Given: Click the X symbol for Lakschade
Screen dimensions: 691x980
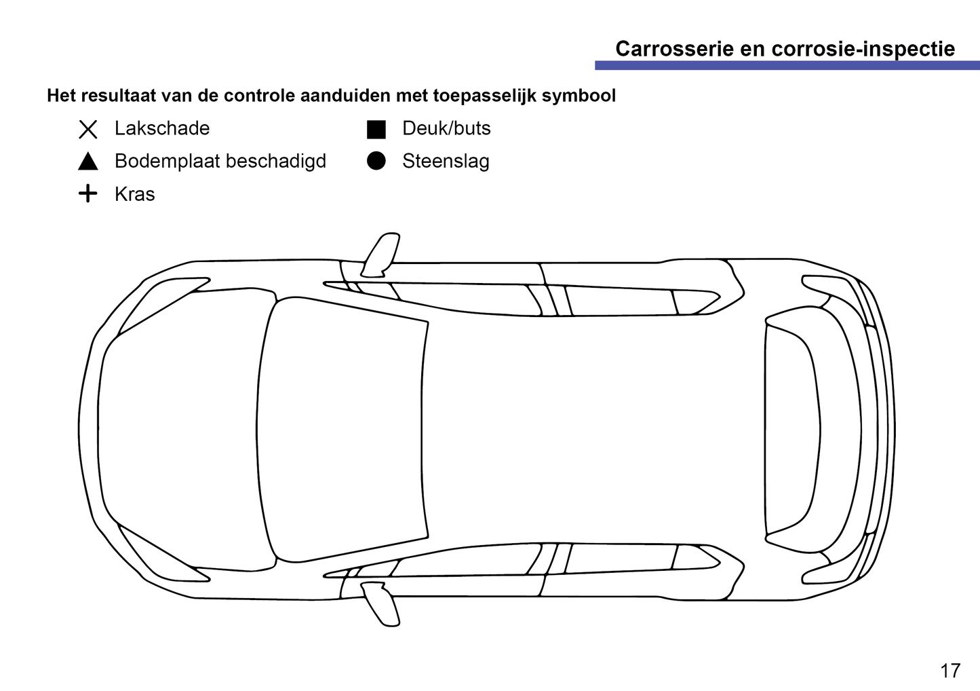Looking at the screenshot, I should [88, 129].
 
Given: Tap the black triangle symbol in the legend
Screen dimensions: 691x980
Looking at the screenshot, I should [88, 162].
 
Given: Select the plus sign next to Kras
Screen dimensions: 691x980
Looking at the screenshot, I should [88, 194].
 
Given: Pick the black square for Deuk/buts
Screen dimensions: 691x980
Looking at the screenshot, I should [376, 129].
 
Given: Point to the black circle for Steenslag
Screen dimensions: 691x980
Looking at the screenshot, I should [376, 162].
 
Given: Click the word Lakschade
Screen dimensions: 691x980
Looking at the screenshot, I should [162, 128].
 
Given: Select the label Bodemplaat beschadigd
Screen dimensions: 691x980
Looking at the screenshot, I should [220, 162].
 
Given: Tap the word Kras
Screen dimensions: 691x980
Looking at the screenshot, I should [135, 194].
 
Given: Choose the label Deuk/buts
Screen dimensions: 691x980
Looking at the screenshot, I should [446, 128].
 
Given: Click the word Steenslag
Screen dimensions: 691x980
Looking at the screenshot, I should [446, 162].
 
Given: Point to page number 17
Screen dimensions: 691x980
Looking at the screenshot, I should [950, 671].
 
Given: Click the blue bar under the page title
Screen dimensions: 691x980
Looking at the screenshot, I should [787, 66].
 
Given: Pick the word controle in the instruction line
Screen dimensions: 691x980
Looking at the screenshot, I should [260, 96].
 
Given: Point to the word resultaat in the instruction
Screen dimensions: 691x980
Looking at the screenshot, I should [117, 96].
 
